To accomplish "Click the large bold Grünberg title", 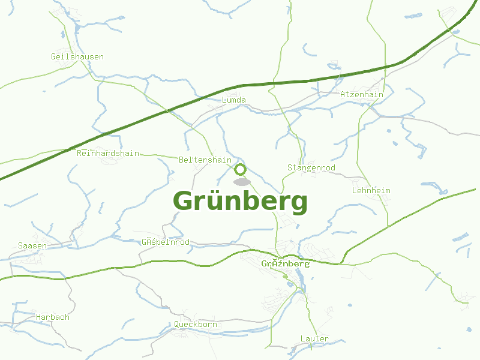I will pyautogui.click(x=240, y=202).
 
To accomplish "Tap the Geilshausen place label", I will pyautogui.click(x=77, y=57).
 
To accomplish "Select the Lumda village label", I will pyautogui.click(x=234, y=100).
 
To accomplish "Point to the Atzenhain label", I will pyautogui.click(x=361, y=94).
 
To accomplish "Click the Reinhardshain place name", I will pyautogui.click(x=108, y=153).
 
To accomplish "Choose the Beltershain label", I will pyautogui.click(x=205, y=160).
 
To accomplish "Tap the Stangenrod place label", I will pyautogui.click(x=311, y=167).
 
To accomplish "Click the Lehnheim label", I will pyautogui.click(x=371, y=190).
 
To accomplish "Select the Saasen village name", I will pyautogui.click(x=32, y=245).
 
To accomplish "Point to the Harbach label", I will pyautogui.click(x=53, y=317).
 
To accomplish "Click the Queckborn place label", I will pyautogui.click(x=196, y=325).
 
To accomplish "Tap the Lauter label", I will pyautogui.click(x=314, y=339).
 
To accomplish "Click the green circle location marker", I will pyautogui.click(x=241, y=169).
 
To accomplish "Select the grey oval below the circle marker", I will pyautogui.click(x=242, y=181).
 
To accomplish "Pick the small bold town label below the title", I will pyautogui.click(x=286, y=263).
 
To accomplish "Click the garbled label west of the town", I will pyautogui.click(x=166, y=242).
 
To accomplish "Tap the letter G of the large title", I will pyautogui.click(x=185, y=201).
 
